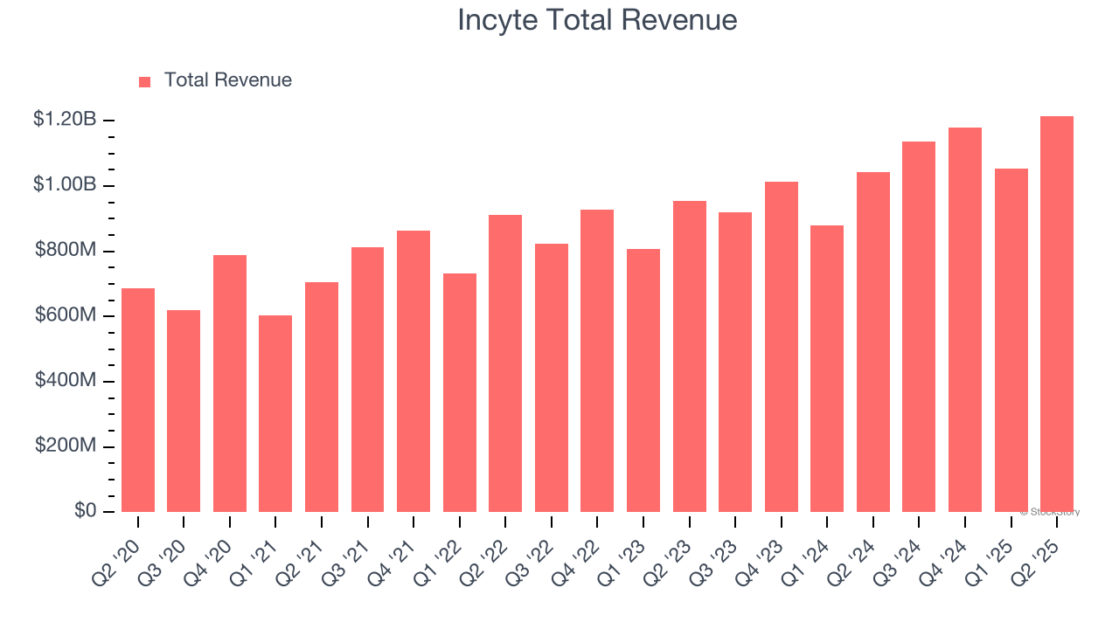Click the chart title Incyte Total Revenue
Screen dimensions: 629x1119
597,20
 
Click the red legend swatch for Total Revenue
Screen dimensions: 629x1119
145,81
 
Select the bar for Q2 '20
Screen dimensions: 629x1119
138,400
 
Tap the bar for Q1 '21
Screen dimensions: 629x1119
275,413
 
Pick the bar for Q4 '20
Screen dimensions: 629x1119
230,384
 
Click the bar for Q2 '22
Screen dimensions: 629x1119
505,363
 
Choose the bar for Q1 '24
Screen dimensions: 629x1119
827,369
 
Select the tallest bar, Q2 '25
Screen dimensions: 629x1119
1057,314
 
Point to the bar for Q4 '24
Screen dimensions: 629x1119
965,320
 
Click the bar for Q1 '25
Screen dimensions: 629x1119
1011,340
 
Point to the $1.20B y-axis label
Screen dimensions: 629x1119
65,120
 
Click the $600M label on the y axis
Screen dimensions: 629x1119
66,315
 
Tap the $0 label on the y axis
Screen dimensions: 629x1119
84,511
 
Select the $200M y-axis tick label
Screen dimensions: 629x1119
66,446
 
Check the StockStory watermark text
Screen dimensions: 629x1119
1050,512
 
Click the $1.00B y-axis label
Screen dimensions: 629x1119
65,185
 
